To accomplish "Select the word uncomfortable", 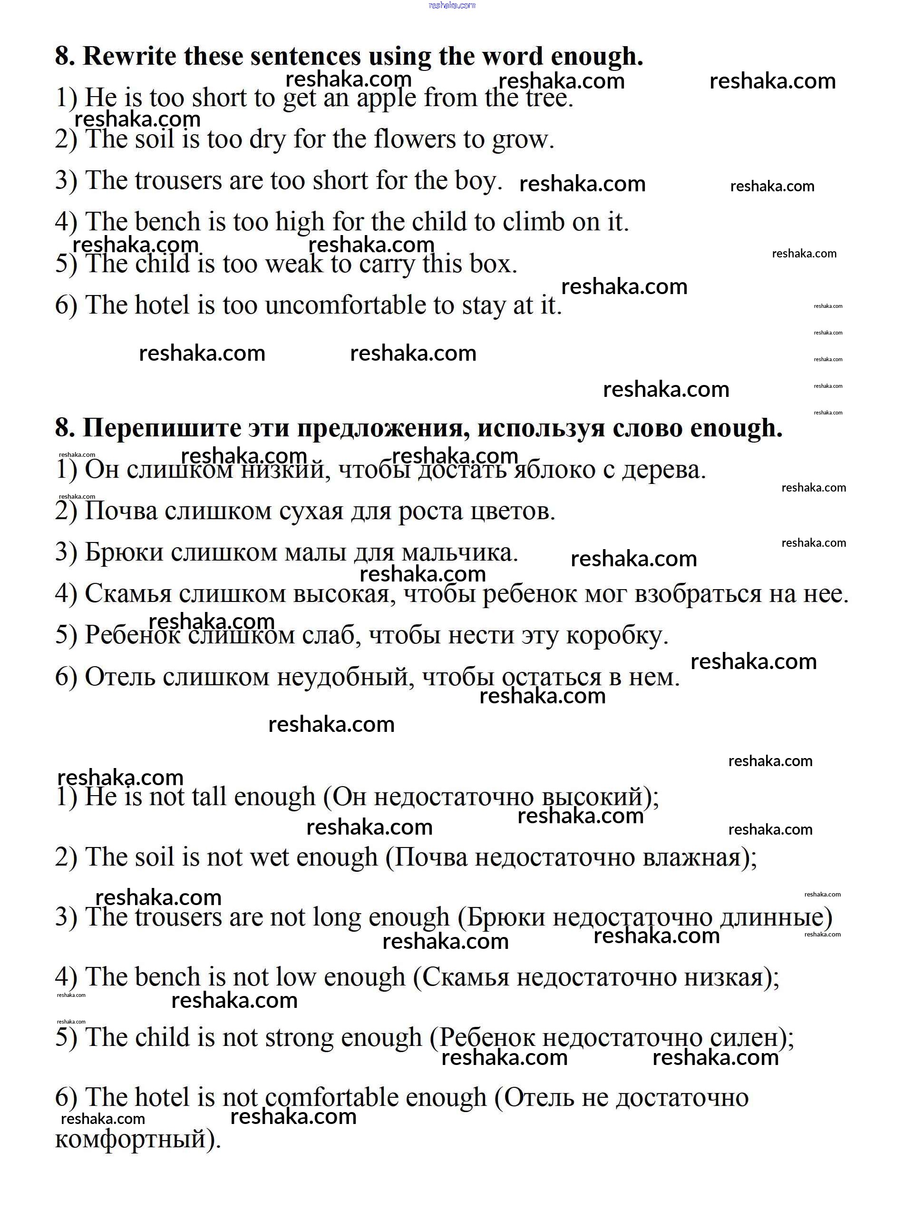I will pyautogui.click(x=345, y=305).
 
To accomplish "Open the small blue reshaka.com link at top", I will pyautogui.click(x=452, y=5).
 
